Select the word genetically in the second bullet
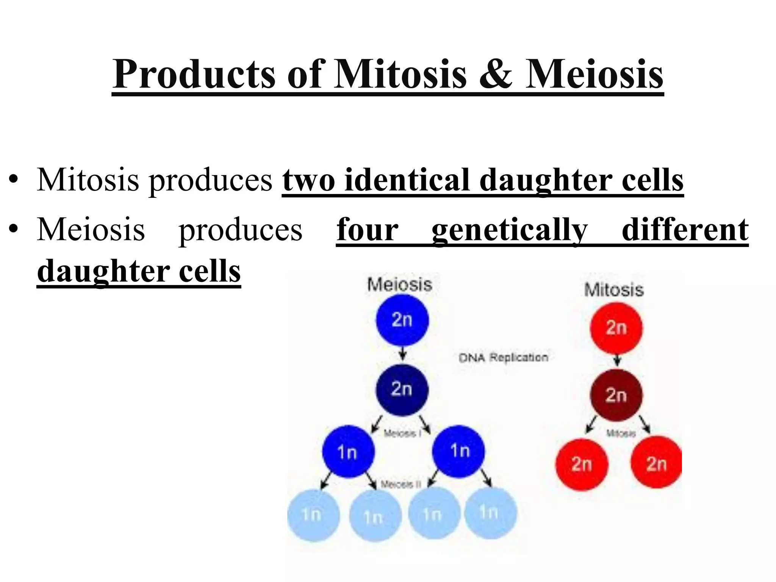coord(509,230)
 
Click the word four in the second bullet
coord(367,230)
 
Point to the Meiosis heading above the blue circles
coord(399,285)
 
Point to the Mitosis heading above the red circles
coord(614,290)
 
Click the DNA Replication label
coord(503,357)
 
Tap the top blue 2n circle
coord(402,320)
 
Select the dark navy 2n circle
coord(402,390)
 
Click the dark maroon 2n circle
coord(616,395)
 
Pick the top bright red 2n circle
coord(616,328)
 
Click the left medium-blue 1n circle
coord(348,452)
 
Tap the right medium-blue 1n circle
coord(458,451)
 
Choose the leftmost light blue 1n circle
coord(313,515)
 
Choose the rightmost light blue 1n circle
coord(490,513)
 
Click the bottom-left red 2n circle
coord(581,464)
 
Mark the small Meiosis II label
coord(401,484)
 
